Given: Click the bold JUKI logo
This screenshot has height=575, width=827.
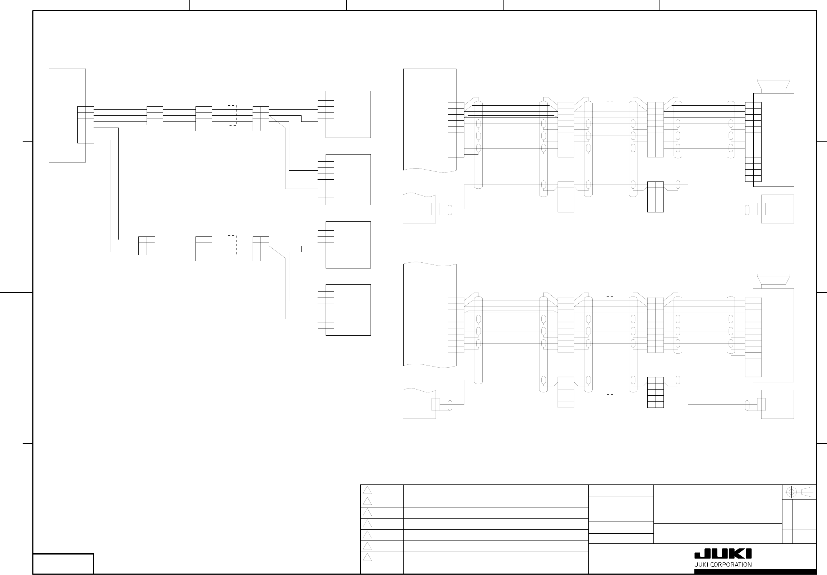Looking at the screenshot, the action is [723, 554].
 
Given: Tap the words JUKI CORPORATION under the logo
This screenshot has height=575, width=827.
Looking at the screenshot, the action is [723, 565].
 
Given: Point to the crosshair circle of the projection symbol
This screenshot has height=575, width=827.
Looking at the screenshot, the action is [791, 492].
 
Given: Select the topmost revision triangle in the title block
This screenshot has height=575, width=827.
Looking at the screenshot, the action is [367, 491].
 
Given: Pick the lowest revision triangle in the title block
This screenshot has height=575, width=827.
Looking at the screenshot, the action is [367, 558].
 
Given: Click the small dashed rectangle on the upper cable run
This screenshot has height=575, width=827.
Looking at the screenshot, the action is [232, 116].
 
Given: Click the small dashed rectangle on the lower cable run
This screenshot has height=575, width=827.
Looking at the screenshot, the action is [232, 246].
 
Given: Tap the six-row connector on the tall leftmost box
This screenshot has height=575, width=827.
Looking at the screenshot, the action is [86, 125].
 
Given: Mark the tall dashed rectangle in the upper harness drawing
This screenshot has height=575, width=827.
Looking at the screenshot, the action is [611, 150].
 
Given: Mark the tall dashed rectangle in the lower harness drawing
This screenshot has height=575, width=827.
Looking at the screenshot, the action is [611, 345].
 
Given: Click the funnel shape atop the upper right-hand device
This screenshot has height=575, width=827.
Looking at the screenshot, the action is [773, 86].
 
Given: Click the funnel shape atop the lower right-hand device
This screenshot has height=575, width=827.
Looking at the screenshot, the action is [773, 281].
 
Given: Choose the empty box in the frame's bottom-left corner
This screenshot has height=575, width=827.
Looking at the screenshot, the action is [63, 563].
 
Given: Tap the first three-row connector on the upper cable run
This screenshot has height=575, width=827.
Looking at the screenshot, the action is [155, 116].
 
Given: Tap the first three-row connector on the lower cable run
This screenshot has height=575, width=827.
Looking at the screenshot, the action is [147, 246].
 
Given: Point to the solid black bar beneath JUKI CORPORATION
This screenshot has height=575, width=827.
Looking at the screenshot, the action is [755, 571].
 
